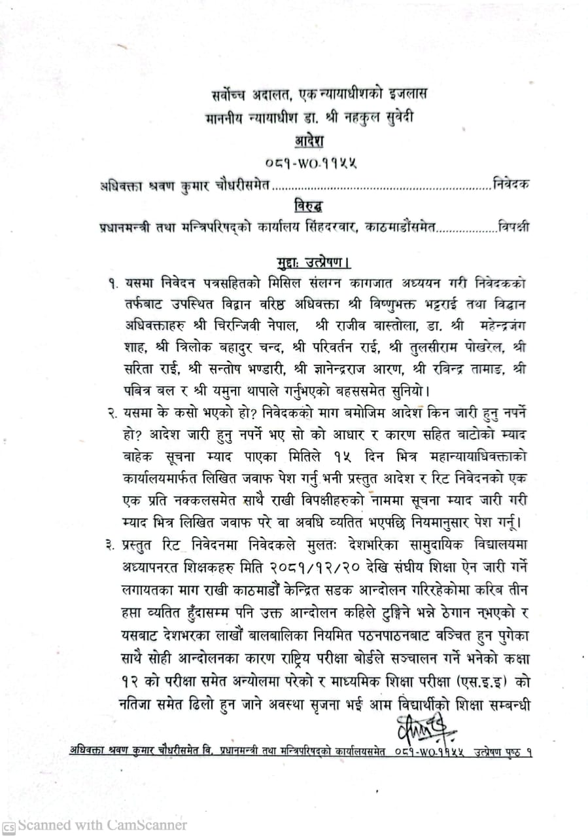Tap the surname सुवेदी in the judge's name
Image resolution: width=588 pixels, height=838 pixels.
[394, 118]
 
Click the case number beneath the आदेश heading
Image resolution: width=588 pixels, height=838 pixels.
[312, 163]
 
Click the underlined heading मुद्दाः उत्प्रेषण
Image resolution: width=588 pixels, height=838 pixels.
[312, 264]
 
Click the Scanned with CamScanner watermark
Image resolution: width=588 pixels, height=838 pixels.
[95, 825]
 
